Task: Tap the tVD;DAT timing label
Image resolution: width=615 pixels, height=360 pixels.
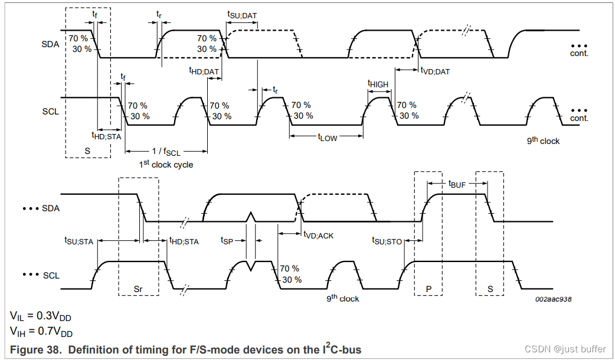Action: click(435, 71)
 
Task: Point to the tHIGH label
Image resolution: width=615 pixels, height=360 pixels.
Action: click(378, 84)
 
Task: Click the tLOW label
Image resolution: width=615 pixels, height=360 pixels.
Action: click(328, 138)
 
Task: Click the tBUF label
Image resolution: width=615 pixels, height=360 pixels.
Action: click(457, 184)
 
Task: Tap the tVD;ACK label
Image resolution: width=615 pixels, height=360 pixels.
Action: click(319, 235)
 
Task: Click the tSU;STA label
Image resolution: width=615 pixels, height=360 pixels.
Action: click(79, 241)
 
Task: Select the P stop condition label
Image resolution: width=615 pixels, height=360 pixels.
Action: click(429, 290)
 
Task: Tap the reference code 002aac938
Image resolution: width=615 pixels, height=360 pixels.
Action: click(553, 300)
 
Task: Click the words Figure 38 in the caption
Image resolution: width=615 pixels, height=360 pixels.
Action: click(35, 350)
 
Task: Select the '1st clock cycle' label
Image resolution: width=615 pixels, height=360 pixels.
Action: click(166, 164)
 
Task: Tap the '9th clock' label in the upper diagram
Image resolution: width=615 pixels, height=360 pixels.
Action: click(543, 141)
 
